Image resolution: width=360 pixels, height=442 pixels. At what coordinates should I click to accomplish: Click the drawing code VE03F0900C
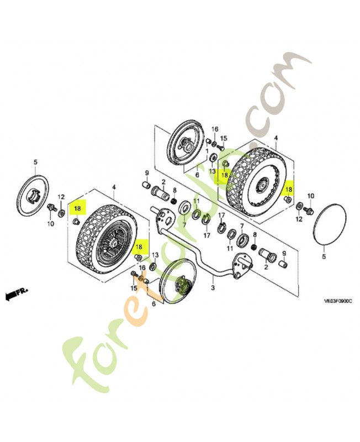click(338, 301)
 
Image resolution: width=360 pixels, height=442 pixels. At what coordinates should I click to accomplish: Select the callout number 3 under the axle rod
click(213, 288)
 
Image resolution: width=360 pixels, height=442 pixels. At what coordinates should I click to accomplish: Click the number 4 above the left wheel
click(114, 187)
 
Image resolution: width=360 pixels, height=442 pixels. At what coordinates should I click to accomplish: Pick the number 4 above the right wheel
click(276, 138)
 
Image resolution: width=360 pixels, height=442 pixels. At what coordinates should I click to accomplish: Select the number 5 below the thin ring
click(324, 256)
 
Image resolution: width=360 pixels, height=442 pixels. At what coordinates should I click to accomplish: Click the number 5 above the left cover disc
click(35, 162)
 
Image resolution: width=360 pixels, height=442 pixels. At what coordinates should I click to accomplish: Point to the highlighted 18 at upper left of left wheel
click(77, 208)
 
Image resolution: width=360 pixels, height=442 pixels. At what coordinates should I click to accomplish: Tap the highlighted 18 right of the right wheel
click(289, 190)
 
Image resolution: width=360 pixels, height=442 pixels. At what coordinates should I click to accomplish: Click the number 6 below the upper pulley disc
click(197, 175)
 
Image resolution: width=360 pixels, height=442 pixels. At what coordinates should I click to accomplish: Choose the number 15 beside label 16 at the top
click(224, 139)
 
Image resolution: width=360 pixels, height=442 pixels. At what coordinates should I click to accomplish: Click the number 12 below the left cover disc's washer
click(61, 197)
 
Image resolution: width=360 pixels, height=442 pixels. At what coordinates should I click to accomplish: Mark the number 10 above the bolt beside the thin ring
click(310, 196)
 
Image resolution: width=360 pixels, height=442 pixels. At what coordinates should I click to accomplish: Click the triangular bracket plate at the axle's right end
click(241, 265)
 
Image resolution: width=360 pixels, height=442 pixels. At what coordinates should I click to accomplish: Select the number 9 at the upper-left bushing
click(147, 172)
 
